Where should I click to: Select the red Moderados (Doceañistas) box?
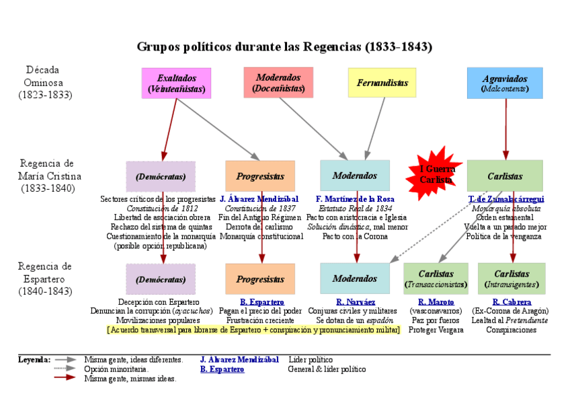point(278,82)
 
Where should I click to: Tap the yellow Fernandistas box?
point(382,83)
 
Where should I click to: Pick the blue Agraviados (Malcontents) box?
point(505,83)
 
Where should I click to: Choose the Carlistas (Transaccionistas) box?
point(436,279)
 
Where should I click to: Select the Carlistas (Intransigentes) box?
point(512,279)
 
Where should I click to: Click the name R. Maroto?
point(436,302)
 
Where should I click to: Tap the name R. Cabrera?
point(512,302)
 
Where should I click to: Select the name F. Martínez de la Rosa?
point(355,199)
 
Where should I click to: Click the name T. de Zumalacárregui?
point(506,199)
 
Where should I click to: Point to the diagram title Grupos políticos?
point(284,46)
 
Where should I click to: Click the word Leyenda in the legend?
point(34,360)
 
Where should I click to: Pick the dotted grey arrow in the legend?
point(65,369)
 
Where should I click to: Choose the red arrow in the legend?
point(65,379)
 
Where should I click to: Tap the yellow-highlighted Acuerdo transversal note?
point(253,330)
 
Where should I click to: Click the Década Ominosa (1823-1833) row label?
point(44,82)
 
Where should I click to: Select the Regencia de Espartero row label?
point(44,279)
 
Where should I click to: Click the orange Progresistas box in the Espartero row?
point(259,279)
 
